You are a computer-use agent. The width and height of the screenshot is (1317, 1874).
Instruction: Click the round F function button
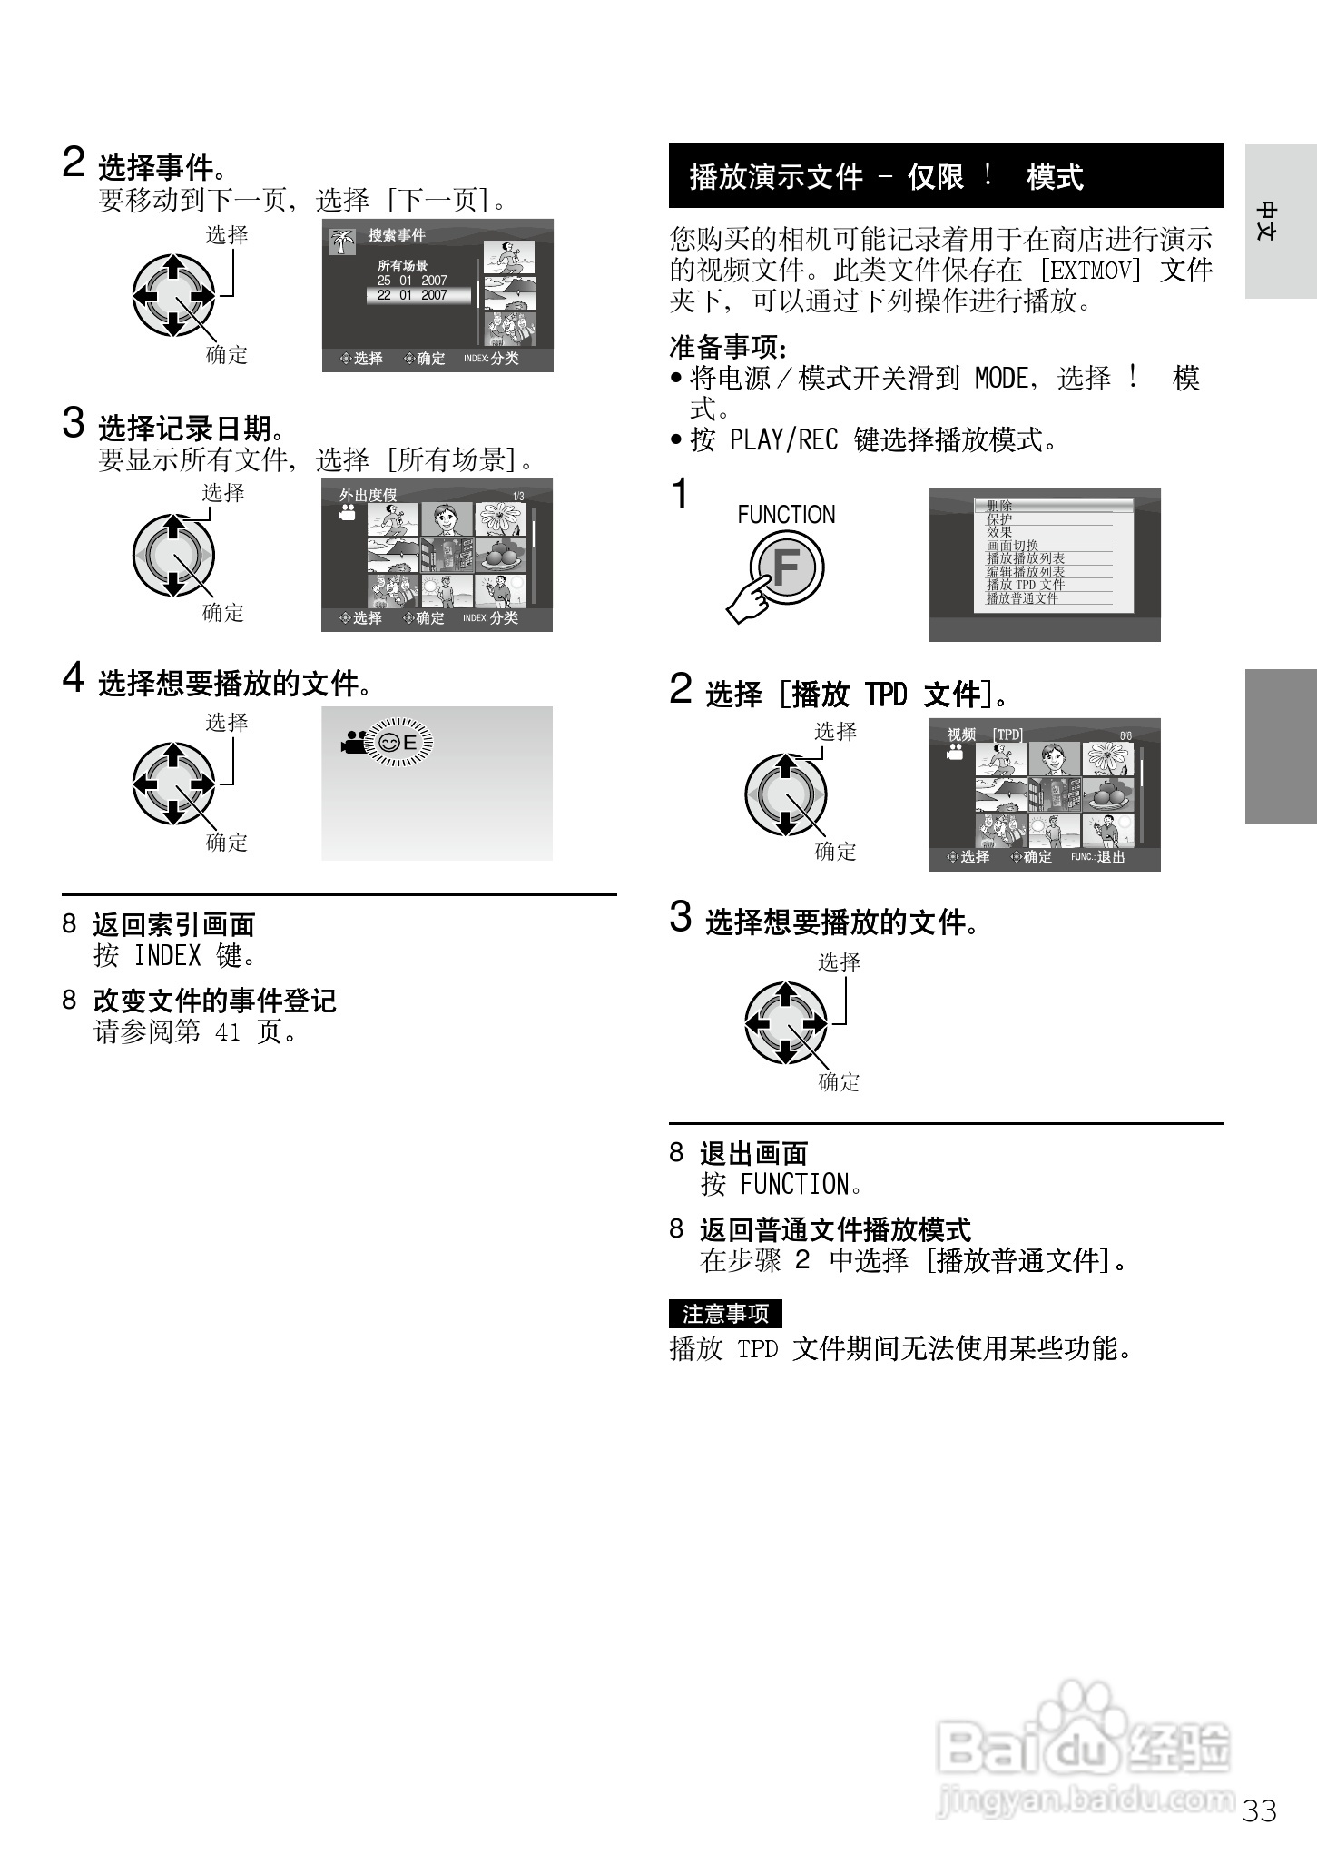786,568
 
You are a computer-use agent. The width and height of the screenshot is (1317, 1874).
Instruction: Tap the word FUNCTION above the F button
786,515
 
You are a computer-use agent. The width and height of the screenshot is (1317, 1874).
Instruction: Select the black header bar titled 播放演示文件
946,175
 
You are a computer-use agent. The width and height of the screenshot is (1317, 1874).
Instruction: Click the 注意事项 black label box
724,1314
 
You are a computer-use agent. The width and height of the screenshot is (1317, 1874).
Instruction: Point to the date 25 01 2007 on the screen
412,281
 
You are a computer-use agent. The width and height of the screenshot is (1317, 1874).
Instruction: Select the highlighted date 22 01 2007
414,295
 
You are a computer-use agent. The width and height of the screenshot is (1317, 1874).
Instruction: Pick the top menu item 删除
999,506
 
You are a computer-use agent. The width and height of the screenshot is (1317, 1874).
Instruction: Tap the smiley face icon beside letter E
389,743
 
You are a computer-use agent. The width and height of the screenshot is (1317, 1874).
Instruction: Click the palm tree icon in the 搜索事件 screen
342,241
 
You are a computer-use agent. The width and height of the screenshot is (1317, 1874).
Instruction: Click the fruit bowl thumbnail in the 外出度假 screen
500,554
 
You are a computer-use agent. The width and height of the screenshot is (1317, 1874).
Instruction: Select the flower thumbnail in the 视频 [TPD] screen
1107,759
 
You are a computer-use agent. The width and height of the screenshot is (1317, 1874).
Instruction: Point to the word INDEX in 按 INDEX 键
167,956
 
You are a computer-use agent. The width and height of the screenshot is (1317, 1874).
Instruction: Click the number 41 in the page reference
227,1032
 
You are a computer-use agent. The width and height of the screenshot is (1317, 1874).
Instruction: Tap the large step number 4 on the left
73,678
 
